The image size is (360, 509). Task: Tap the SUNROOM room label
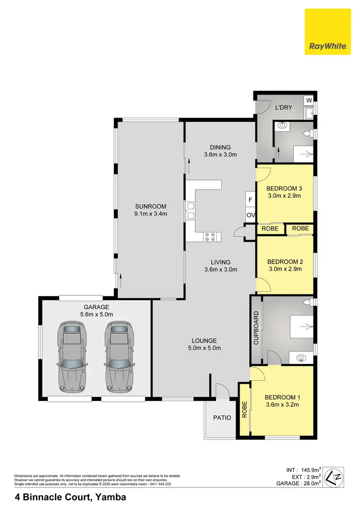pyautogui.click(x=150, y=206)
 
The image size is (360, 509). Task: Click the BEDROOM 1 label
pyautogui.click(x=282, y=397)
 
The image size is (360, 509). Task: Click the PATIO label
pyautogui.click(x=222, y=417)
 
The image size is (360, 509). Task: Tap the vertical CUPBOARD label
pyautogui.click(x=256, y=328)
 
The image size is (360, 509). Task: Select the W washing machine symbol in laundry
pyautogui.click(x=309, y=100)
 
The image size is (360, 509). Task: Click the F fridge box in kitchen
pyautogui.click(x=250, y=199)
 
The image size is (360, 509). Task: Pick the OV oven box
pyautogui.click(x=250, y=216)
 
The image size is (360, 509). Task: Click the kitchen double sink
pyautogui.click(x=191, y=210)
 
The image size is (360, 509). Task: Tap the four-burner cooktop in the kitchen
pyautogui.click(x=209, y=236)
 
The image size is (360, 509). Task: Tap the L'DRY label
pyautogui.click(x=284, y=108)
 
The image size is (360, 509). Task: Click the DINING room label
pyautogui.click(x=220, y=147)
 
